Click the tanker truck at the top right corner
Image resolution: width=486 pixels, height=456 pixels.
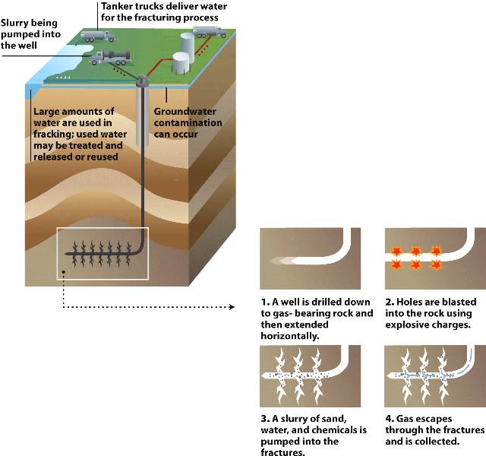coord(209,32)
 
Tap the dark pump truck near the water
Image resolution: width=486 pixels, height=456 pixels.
coord(112,55)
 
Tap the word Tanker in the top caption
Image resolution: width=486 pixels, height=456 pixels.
coord(117,6)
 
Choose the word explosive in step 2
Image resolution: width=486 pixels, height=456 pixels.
coord(409,325)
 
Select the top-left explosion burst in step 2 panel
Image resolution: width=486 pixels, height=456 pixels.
coord(395,251)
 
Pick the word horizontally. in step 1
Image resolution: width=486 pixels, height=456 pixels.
coord(289,335)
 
